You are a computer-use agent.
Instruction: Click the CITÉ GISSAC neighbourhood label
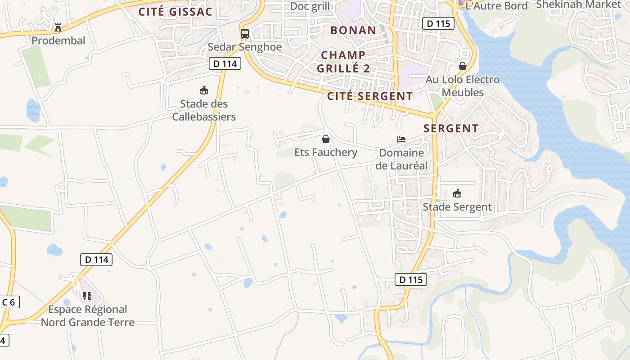175,12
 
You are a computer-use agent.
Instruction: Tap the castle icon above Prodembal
58,27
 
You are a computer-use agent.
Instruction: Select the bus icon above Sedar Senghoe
245,34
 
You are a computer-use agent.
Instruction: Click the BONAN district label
353,31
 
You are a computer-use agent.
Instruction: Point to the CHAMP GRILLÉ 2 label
343,62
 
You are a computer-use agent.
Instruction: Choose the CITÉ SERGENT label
370,96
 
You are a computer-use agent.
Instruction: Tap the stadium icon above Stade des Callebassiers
204,90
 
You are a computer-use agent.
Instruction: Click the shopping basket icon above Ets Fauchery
326,139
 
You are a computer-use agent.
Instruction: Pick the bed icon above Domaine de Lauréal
401,139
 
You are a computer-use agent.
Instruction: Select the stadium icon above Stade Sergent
457,193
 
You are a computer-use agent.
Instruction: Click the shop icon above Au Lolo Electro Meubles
462,66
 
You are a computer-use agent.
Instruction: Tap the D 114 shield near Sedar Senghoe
225,63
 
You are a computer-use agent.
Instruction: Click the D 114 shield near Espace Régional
96,259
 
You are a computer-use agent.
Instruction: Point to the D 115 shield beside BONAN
438,23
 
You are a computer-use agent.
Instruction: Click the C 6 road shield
9,302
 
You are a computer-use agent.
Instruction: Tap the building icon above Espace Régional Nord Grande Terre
87,296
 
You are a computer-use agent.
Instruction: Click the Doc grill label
310,6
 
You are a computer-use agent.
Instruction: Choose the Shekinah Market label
578,4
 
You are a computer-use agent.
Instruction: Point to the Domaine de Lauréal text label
401,159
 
